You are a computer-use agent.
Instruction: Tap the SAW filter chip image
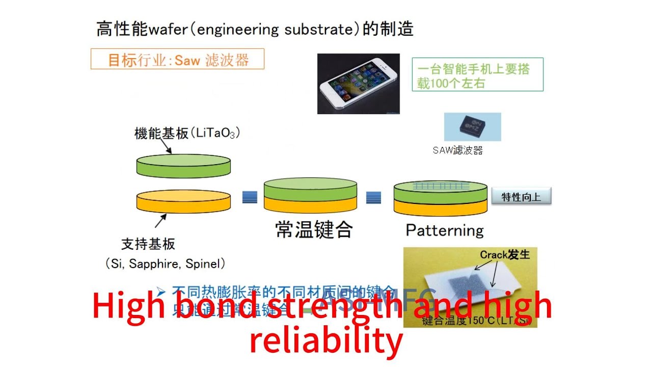(472, 126)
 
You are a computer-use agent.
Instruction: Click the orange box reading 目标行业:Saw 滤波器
(177, 59)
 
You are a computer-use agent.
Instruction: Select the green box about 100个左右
(477, 74)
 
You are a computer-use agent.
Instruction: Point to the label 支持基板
(148, 244)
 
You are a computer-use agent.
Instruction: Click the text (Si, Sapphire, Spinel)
(166, 264)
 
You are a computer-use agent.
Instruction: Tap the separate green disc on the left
(183, 164)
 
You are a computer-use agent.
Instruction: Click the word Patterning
(445, 230)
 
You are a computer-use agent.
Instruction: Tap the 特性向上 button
(521, 197)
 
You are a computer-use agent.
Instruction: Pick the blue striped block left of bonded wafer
(250, 197)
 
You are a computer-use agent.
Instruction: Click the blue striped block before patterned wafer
(373, 197)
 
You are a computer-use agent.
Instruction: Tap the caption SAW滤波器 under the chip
(457, 150)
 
